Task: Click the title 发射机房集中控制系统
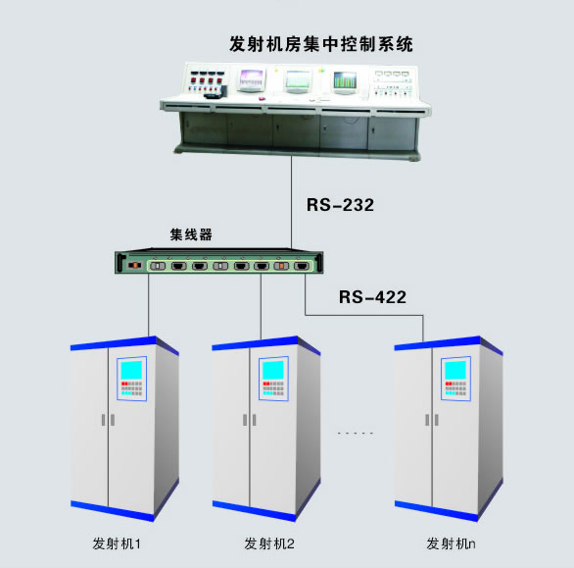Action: pos(321,44)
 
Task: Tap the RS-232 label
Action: pos(340,205)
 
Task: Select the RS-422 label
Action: pos(372,297)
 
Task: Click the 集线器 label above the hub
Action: pos(191,234)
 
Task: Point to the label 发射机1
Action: pos(117,543)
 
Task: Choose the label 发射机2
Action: pos(269,543)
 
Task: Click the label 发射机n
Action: pos(451,543)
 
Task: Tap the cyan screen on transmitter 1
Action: pos(131,370)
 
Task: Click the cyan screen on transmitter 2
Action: pos(273,370)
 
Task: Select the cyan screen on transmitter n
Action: pos(455,370)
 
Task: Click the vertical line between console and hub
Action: pos(291,203)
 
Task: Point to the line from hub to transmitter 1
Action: pos(149,305)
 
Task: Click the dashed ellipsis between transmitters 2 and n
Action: pos(356,433)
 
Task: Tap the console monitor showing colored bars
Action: pos(345,81)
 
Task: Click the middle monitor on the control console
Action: pos(297,80)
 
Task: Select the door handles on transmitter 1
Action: pos(108,420)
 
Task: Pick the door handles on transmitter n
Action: pos(432,420)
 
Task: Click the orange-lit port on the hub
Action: pos(281,266)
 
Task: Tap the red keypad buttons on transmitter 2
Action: pos(265,384)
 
